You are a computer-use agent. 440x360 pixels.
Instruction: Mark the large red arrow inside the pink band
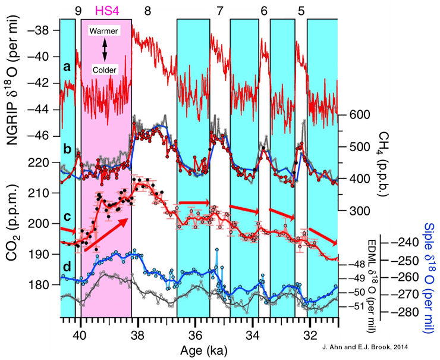(x=107, y=235)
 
